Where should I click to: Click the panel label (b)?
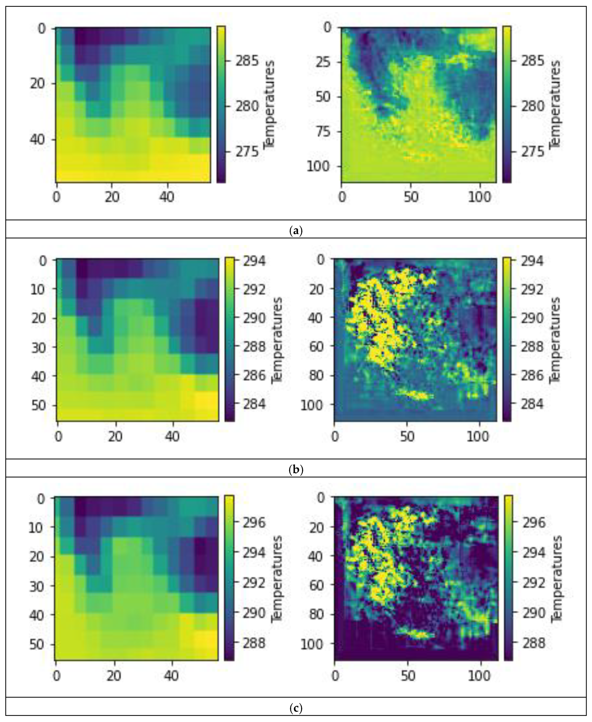[x=296, y=470]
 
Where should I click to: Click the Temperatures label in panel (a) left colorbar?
[x=269, y=104]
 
